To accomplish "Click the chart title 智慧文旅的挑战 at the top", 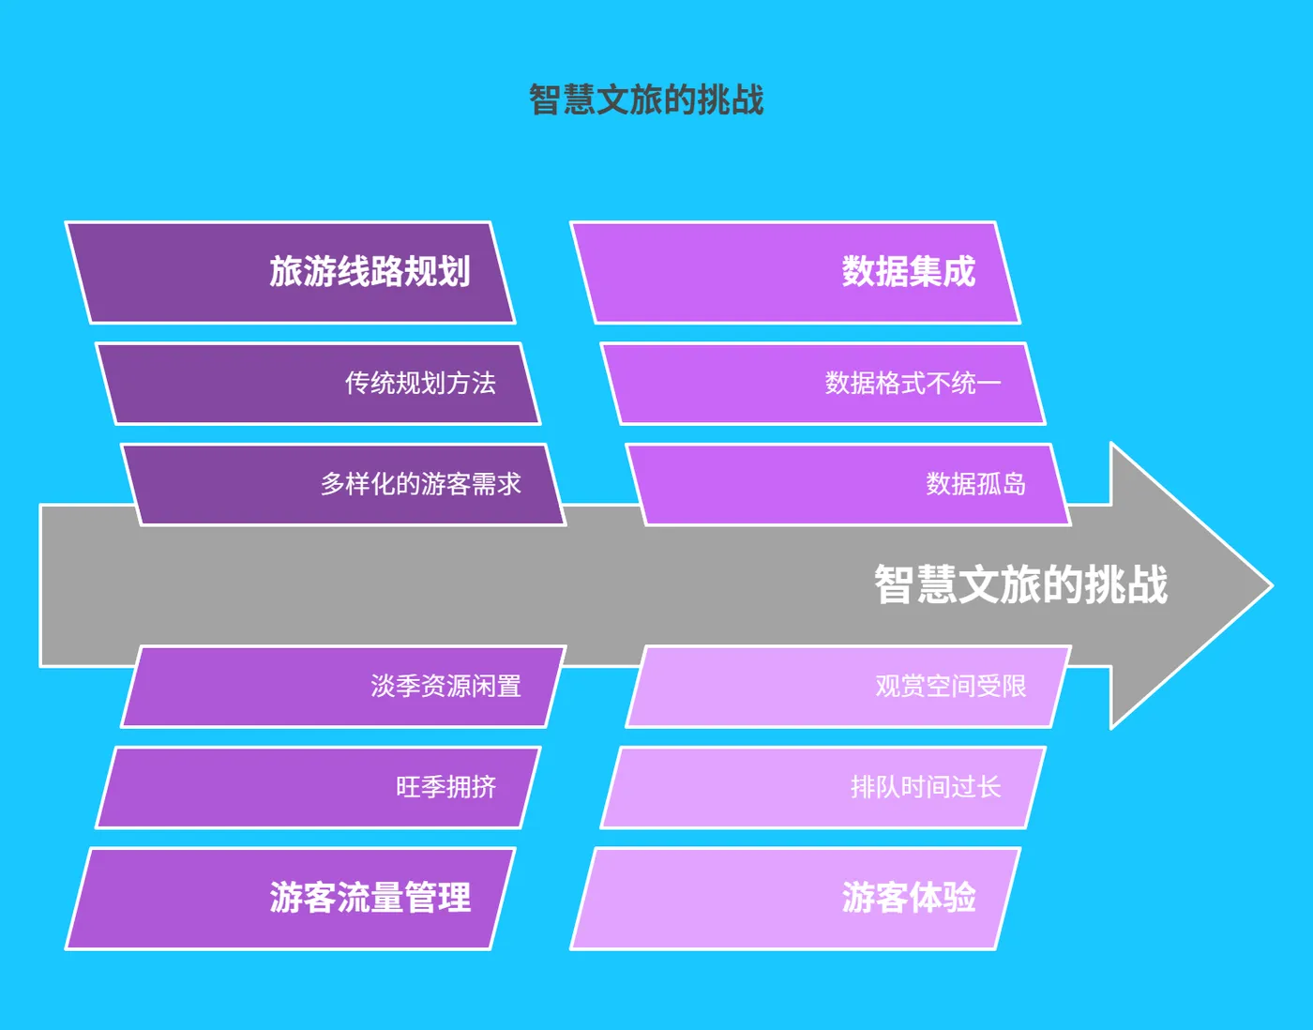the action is pos(646,99).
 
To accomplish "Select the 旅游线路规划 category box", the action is pos(291,272).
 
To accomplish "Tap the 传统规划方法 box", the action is pos(319,383).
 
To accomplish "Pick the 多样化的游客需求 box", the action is pos(344,484).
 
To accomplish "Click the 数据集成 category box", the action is pos(795,272).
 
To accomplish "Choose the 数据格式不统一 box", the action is pos(823,383).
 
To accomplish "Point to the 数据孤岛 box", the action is pos(849,484).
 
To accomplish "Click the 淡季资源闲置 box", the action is pos(344,687).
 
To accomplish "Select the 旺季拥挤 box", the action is pos(319,787).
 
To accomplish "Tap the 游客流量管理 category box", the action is pos(291,898).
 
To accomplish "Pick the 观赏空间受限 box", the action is pos(849,687).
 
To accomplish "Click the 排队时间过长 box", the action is pos(823,787).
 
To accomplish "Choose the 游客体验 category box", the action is pos(795,898).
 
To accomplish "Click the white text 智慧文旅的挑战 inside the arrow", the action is pos(1020,584).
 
